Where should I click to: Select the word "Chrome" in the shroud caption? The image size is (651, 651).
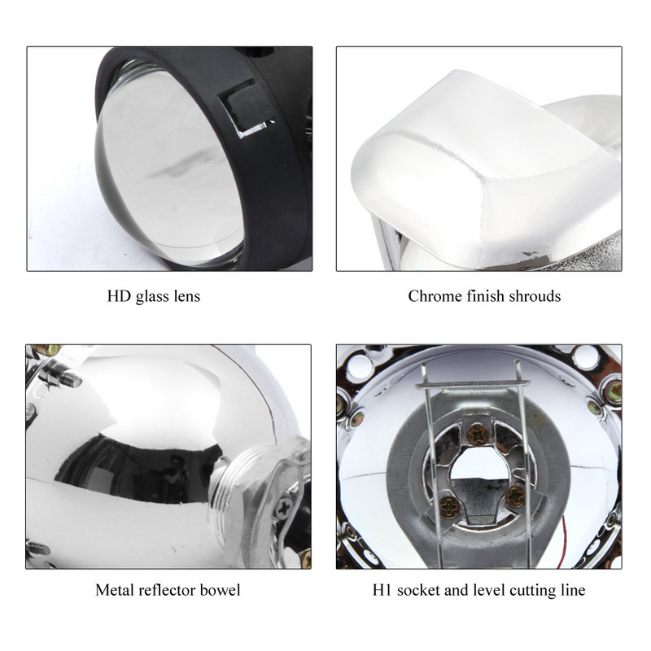click(x=434, y=296)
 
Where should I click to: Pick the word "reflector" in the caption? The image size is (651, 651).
click(x=166, y=589)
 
